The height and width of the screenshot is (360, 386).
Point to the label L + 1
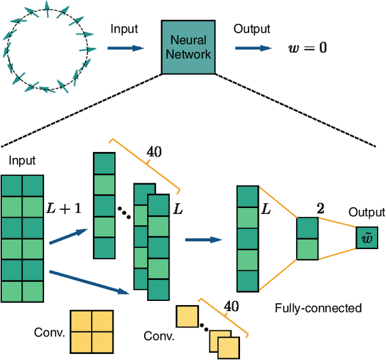63,209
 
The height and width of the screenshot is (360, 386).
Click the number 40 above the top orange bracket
154,152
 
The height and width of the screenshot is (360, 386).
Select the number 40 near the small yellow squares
231,306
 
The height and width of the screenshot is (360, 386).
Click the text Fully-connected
318,308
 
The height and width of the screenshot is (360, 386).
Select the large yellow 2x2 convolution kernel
92,331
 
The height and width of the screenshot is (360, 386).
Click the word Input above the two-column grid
22,160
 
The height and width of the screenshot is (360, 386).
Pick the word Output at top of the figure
252,29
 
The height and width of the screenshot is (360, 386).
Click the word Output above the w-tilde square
366,212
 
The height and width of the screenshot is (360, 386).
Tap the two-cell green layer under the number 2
307,238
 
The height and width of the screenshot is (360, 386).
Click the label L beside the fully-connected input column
265,209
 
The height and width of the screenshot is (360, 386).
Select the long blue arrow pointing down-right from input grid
90,282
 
